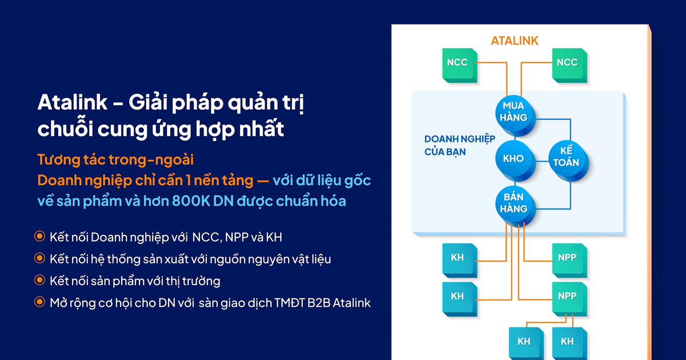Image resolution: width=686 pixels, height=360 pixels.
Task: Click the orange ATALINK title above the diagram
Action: [514, 41]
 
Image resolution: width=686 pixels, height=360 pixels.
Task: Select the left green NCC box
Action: [457, 62]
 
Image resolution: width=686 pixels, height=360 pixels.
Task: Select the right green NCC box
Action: [567, 62]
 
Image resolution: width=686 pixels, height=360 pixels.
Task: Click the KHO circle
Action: [513, 158]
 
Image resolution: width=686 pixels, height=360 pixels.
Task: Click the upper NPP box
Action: [567, 258]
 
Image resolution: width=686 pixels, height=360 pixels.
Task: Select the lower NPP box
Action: [567, 296]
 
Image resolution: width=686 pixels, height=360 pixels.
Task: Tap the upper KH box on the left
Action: [457, 258]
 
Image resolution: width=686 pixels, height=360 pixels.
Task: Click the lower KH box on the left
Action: [457, 296]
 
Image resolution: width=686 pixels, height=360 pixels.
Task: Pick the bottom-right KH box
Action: [567, 341]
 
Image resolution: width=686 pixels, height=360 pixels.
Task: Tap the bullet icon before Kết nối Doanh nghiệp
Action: [39, 237]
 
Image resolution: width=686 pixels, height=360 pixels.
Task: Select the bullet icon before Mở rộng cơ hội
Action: [39, 302]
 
